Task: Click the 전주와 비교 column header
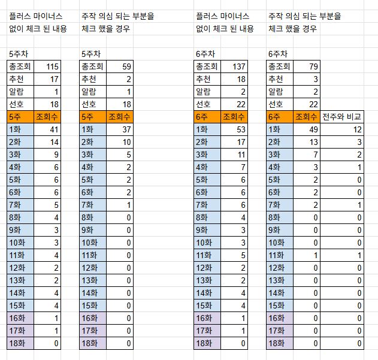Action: click(341, 116)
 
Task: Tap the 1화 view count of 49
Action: click(312, 129)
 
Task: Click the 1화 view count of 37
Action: click(126, 129)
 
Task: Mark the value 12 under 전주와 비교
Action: click(356, 129)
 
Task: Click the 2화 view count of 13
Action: click(312, 141)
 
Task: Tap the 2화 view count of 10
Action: click(126, 141)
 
